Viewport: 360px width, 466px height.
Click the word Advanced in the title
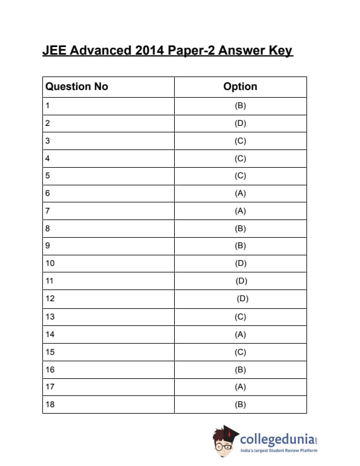point(101,51)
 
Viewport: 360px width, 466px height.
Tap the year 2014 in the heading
point(150,51)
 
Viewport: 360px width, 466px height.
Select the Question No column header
point(77,86)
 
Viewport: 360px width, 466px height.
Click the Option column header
point(240,86)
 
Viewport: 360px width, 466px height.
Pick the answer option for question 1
point(240,106)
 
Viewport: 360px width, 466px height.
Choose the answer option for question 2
point(240,124)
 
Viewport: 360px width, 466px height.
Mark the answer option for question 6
point(240,193)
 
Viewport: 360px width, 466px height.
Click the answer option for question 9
point(240,245)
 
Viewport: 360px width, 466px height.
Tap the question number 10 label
point(49,263)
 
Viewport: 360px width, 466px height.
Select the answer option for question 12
point(242,298)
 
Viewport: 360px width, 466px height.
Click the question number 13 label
point(49,317)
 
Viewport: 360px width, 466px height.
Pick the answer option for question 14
point(240,334)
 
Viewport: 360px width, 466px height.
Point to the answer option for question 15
point(240,352)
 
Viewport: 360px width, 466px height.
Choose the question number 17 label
point(49,387)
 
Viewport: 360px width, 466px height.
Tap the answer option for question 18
point(240,404)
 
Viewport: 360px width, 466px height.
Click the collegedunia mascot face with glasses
point(224,444)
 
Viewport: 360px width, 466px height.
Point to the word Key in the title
point(281,51)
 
